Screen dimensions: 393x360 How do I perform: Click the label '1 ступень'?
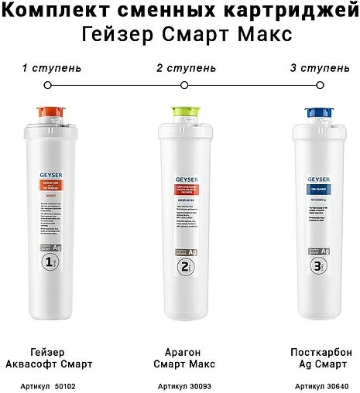(x=52, y=68)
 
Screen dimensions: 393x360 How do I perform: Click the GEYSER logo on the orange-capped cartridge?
(x=50, y=176)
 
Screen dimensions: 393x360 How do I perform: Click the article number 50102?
(x=53, y=384)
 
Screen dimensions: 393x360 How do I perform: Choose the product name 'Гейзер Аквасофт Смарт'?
(x=52, y=357)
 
